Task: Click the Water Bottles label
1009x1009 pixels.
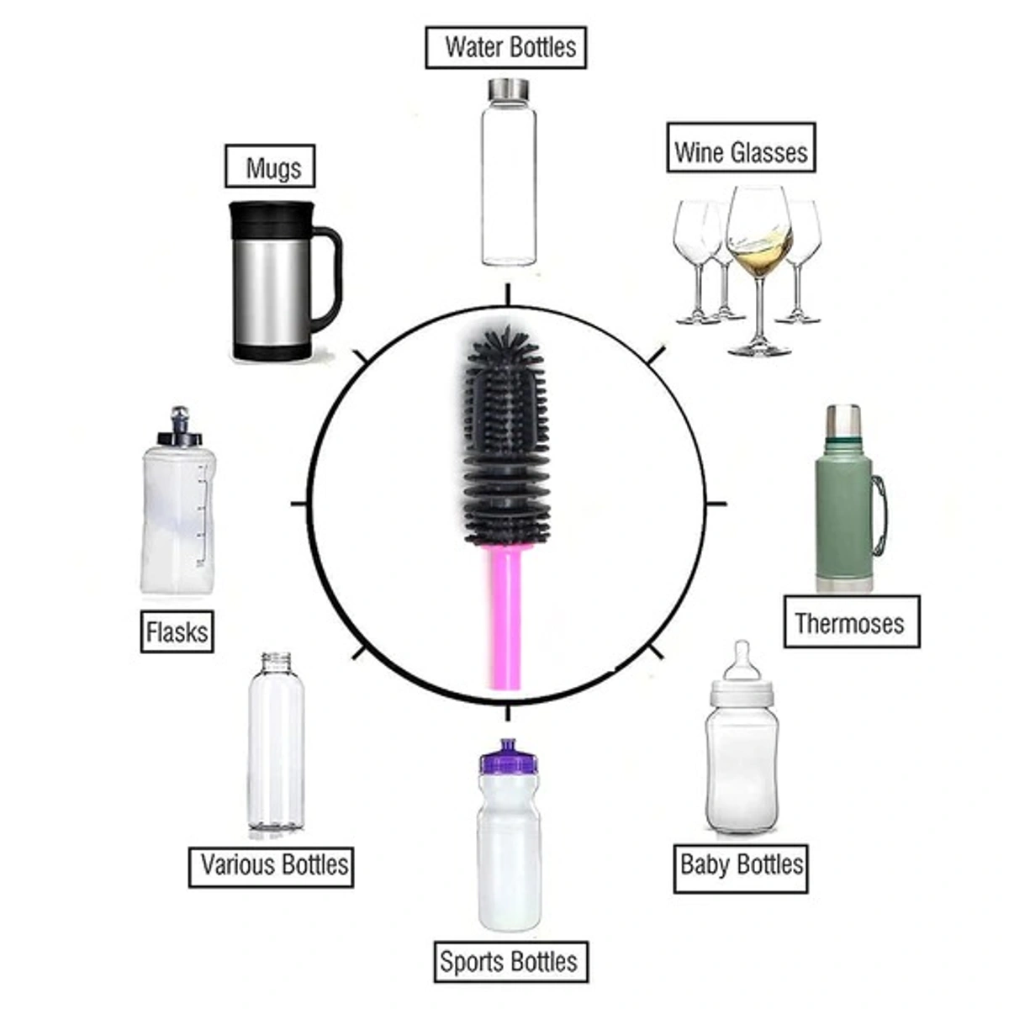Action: (505, 47)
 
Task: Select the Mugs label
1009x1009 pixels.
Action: (270, 166)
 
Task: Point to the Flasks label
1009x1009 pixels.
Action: (177, 631)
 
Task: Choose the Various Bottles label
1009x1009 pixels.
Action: (271, 864)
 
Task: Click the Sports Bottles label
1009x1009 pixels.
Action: (509, 961)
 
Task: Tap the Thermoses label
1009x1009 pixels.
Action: (850, 622)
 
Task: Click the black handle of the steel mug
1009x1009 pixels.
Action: (328, 277)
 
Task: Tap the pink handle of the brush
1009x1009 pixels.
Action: (507, 618)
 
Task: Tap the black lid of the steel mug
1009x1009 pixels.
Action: (272, 216)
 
